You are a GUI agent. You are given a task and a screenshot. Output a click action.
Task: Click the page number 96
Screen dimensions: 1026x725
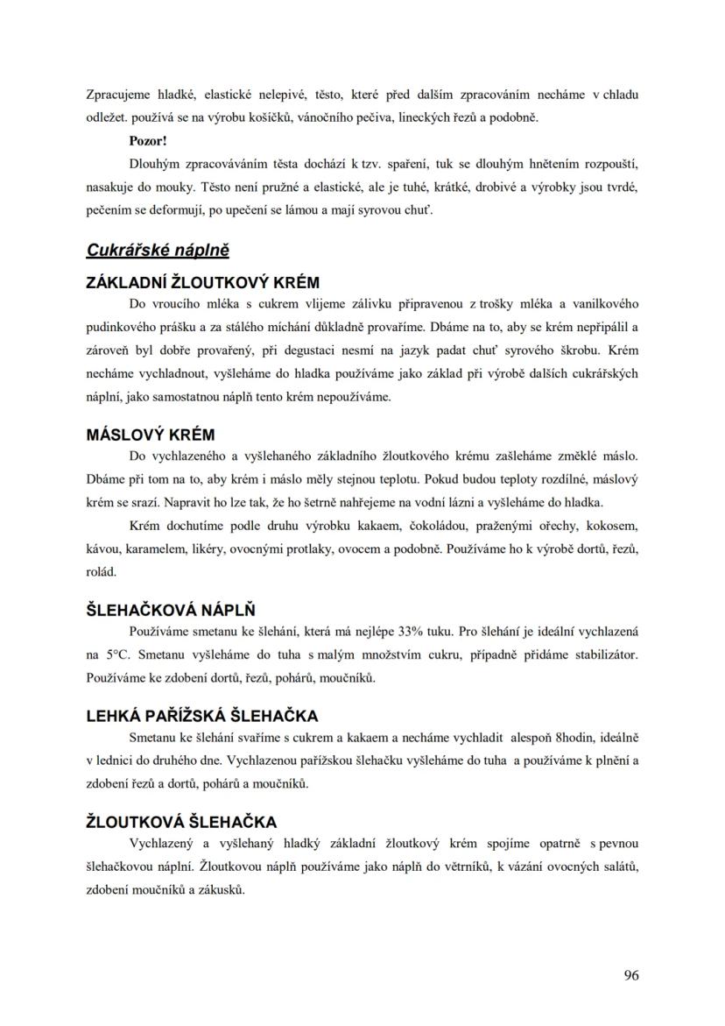(630, 975)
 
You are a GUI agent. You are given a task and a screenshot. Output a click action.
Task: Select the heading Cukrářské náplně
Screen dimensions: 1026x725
(158, 251)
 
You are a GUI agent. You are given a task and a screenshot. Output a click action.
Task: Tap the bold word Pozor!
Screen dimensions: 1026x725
(148, 140)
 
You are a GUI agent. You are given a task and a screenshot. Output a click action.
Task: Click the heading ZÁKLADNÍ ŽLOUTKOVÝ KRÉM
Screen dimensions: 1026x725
(202, 283)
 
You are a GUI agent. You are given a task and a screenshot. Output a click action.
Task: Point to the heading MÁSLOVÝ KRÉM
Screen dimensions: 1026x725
(151, 435)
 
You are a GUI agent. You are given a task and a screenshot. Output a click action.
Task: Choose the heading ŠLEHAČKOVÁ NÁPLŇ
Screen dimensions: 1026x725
(171, 610)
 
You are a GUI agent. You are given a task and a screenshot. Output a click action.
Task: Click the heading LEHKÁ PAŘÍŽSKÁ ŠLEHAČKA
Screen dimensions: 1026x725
(201, 716)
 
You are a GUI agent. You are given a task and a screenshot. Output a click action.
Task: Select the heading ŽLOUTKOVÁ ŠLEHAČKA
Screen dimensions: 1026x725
(181, 822)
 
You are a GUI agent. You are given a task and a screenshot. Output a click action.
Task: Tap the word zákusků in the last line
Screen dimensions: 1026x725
(222, 889)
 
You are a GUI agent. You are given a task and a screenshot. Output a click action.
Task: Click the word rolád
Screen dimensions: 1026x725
(101, 572)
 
